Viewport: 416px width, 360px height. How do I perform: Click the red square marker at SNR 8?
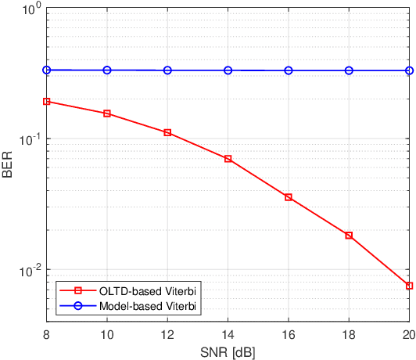[x=47, y=101]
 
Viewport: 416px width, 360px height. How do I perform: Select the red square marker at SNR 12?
[x=167, y=132]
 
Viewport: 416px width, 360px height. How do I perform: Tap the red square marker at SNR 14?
[x=228, y=159]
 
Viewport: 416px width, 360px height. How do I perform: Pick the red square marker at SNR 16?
[x=289, y=197]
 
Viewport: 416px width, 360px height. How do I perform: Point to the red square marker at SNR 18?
[x=349, y=235]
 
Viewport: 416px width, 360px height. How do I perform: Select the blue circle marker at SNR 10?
[x=107, y=70]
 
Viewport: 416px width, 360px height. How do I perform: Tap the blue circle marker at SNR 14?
[x=228, y=70]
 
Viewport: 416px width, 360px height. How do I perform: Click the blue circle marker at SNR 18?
[x=349, y=70]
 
